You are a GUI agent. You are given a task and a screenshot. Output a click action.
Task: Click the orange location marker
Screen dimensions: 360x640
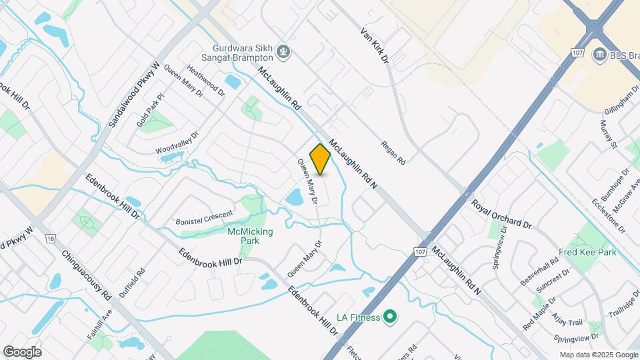pyautogui.click(x=321, y=159)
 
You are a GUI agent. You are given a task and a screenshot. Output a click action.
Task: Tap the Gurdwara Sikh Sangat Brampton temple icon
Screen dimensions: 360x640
pyautogui.click(x=284, y=51)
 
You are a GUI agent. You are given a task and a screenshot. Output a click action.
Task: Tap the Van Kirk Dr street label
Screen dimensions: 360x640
pyautogui.click(x=375, y=46)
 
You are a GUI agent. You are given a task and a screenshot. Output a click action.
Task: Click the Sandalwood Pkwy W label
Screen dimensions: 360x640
pyautogui.click(x=134, y=94)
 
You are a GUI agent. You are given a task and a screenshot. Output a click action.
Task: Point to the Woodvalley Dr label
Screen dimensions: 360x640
pyautogui.click(x=177, y=143)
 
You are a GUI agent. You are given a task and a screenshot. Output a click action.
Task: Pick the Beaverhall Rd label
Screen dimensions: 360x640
pyautogui.click(x=539, y=272)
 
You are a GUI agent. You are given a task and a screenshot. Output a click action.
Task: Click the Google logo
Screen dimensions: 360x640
pyautogui.click(x=22, y=352)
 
